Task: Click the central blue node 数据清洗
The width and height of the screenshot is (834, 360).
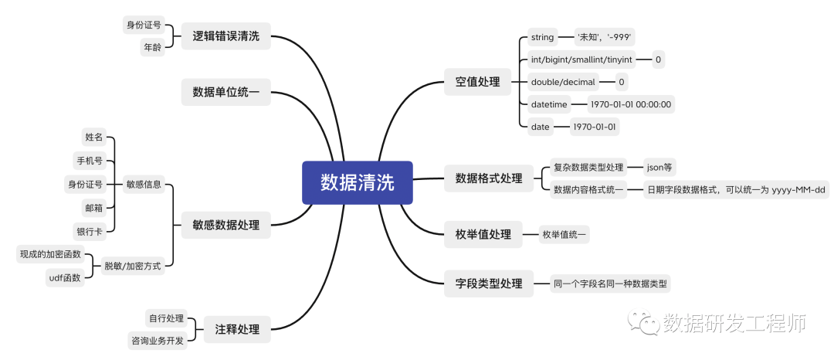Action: point(357,182)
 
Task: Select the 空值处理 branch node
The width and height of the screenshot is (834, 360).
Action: point(477,81)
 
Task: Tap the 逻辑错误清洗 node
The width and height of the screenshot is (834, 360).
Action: point(225,36)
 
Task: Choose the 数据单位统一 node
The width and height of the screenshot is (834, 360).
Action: point(225,93)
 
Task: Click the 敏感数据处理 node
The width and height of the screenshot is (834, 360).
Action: point(225,226)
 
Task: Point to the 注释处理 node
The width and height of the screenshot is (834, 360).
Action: point(237,330)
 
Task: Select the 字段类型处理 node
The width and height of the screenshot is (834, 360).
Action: point(488,284)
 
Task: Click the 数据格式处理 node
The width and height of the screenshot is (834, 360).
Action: point(488,178)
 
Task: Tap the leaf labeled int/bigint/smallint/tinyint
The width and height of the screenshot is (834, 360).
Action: point(582,59)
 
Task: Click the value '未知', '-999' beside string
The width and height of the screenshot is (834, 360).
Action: point(605,37)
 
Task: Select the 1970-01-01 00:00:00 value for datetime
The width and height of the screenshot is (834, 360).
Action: point(631,104)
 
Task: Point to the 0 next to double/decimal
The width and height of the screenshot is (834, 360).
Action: point(621,82)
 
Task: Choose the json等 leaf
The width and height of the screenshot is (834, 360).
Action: point(660,167)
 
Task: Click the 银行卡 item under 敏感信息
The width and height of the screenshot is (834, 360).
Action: point(89,230)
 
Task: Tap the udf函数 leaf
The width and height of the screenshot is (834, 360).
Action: point(65,277)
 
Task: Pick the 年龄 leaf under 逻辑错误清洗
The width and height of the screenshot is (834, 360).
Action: point(151,47)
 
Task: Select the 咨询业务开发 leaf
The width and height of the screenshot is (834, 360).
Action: point(157,341)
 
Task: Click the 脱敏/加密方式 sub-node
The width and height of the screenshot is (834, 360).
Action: point(132,266)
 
